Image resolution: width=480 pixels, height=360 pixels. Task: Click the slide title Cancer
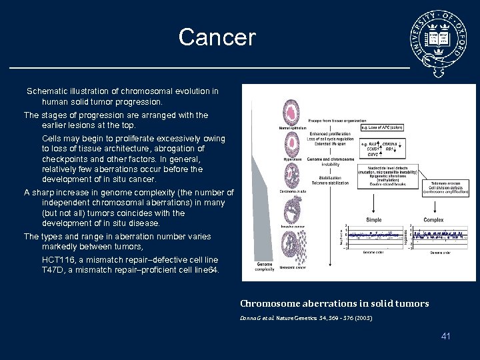click(217, 37)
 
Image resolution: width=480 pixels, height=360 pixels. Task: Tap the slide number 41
click(445, 336)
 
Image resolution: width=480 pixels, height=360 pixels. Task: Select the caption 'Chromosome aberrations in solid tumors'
click(334, 303)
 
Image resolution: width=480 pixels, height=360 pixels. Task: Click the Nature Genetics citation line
click(306, 318)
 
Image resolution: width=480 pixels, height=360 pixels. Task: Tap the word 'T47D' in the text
click(53, 270)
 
